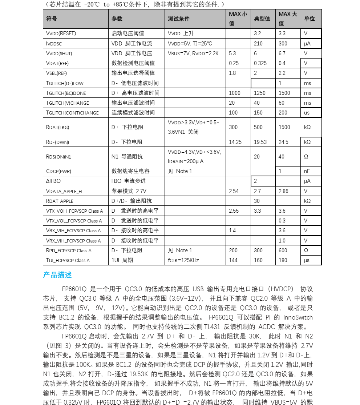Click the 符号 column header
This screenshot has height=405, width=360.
coord(52,19)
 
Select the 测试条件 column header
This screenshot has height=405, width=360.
coord(179,19)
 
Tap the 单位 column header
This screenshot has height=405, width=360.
coord(310,19)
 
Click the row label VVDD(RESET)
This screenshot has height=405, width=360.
coord(61,33)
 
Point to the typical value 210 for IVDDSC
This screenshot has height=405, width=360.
coord(258,44)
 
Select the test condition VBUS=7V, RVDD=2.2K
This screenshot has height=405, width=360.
coord(193,53)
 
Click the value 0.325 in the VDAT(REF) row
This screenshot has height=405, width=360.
coord(260,63)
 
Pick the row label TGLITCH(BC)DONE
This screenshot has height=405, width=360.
coord(66,93)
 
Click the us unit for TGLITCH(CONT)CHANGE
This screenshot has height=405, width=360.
coord(307,113)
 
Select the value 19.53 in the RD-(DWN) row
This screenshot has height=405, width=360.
coord(260,142)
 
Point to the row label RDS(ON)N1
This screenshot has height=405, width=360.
coord(58,157)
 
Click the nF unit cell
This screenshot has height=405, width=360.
coord(307,171)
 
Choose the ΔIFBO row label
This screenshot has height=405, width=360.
coord(53,181)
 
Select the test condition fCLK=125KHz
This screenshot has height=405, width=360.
coord(183,260)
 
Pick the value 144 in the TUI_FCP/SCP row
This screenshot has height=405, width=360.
coord(233,260)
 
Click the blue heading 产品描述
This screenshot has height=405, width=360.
coord(57,275)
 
